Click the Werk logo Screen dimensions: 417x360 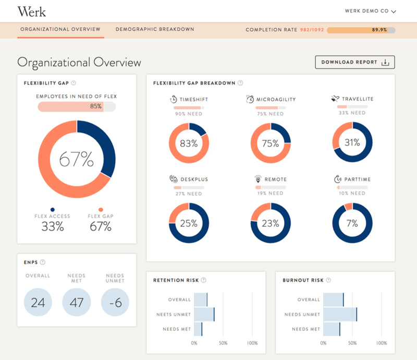[32, 11]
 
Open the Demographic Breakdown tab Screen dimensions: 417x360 [155, 29]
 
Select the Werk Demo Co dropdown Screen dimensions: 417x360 [371, 11]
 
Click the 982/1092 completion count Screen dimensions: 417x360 [312, 30]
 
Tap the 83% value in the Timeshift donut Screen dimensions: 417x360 [189, 143]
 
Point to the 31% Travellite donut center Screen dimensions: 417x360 [352, 142]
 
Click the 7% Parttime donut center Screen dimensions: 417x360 [352, 223]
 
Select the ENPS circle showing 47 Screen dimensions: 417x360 [77, 302]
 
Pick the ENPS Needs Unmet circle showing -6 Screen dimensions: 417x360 [115, 302]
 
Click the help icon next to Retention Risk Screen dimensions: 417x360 [203, 280]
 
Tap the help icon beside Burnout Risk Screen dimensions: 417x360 [328, 280]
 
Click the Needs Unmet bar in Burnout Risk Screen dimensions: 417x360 [340, 315]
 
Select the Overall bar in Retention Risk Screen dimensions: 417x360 [201, 299]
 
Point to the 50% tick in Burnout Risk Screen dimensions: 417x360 [352, 343]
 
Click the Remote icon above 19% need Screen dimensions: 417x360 [257, 178]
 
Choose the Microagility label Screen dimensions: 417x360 [276, 100]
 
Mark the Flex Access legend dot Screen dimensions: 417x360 [53, 210]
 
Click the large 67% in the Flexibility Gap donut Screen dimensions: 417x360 [76, 159]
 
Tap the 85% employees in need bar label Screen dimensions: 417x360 [96, 106]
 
